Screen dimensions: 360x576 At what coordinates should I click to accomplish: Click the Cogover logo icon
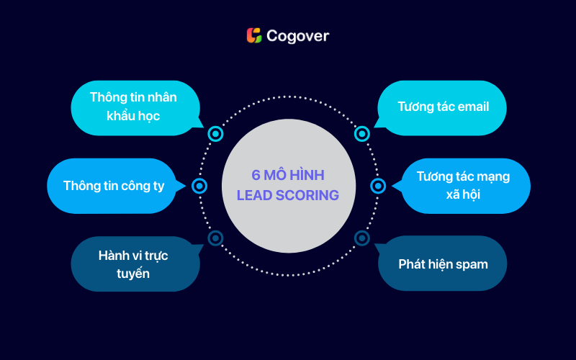tap(253, 35)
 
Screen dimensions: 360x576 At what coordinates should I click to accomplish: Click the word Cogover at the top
tap(297, 35)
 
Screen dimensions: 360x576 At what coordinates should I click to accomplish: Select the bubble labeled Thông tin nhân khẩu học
tap(133, 107)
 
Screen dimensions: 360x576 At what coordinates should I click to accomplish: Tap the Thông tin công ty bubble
tap(114, 186)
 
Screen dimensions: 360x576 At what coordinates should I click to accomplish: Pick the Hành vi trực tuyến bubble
tap(133, 264)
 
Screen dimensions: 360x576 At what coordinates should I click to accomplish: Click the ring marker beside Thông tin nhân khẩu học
tap(215, 134)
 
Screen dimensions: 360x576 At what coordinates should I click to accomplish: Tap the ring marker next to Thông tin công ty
tap(199, 186)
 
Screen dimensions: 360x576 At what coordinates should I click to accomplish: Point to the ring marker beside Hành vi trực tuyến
tap(215, 238)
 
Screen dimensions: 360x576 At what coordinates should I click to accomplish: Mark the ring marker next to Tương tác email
tap(361, 134)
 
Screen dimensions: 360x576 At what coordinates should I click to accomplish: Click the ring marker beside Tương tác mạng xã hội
tap(377, 186)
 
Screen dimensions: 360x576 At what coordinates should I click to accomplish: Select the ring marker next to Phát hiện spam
tap(361, 238)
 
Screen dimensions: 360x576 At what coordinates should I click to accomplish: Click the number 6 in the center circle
tap(256, 175)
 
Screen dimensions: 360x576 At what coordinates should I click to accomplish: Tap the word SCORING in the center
tap(307, 194)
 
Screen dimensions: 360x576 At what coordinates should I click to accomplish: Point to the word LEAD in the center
tap(255, 194)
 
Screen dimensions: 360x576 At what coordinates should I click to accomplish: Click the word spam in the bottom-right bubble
tap(472, 264)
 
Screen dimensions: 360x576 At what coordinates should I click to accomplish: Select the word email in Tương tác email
tap(472, 107)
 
